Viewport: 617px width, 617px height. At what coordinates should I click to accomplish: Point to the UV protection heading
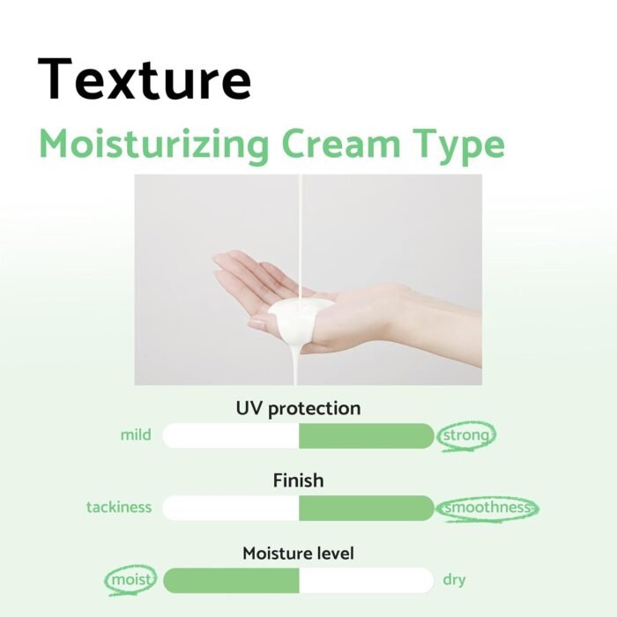pyautogui.click(x=298, y=408)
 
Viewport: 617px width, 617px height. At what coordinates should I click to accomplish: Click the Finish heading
pyautogui.click(x=298, y=480)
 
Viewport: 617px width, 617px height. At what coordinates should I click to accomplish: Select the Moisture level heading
pyautogui.click(x=298, y=553)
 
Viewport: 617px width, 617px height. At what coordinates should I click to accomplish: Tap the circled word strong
pyautogui.click(x=466, y=435)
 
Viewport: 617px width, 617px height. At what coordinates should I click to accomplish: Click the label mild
pyautogui.click(x=136, y=435)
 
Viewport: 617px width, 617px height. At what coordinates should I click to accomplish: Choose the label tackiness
pyautogui.click(x=119, y=508)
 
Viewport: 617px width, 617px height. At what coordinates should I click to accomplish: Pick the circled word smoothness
pyautogui.click(x=489, y=508)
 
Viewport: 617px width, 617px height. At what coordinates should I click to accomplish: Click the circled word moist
pyautogui.click(x=130, y=580)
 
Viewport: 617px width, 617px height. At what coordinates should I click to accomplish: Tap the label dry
pyautogui.click(x=455, y=580)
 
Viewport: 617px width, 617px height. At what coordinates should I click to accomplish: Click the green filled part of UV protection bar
pyautogui.click(x=365, y=435)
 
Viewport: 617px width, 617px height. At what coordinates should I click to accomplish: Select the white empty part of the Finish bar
pyautogui.click(x=231, y=508)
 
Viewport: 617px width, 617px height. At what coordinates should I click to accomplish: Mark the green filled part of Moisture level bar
pyautogui.click(x=231, y=580)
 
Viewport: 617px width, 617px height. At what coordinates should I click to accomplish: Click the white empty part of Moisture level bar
pyautogui.click(x=365, y=580)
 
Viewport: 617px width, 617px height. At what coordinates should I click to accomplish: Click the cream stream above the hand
pyautogui.click(x=301, y=229)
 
